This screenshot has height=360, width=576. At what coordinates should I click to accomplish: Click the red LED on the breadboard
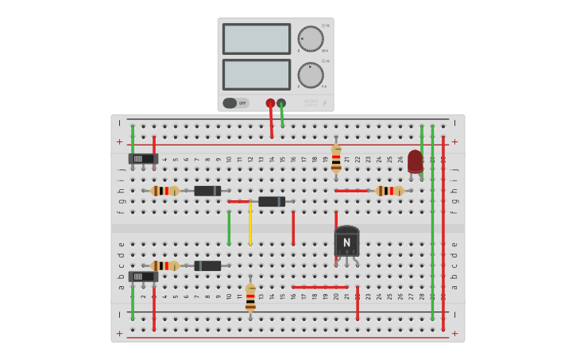(x=415, y=161)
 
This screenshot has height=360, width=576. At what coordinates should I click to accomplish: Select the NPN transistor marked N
(x=346, y=241)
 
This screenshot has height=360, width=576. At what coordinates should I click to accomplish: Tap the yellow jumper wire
(x=250, y=224)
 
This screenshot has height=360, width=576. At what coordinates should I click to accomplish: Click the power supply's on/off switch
(x=234, y=103)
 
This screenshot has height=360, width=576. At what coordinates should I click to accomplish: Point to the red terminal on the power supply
(x=270, y=103)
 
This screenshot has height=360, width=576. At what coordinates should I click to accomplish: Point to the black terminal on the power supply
(x=281, y=103)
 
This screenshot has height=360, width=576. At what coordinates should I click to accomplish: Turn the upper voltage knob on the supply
(x=310, y=39)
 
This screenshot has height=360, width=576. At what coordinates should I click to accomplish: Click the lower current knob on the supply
(x=310, y=75)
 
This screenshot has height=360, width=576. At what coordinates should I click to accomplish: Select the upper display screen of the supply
(x=257, y=38)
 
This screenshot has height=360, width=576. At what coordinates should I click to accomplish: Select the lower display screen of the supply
(x=257, y=74)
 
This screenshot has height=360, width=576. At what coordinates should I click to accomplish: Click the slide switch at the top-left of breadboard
(x=143, y=158)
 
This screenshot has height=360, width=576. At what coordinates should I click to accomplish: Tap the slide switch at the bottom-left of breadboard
(x=143, y=277)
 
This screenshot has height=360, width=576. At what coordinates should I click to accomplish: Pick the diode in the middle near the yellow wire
(x=272, y=202)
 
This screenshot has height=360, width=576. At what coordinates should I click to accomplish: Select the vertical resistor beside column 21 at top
(x=336, y=157)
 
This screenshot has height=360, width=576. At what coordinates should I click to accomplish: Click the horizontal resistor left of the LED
(x=389, y=191)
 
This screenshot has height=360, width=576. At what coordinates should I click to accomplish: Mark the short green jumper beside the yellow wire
(x=229, y=227)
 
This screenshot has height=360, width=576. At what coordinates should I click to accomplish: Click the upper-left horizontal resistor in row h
(x=164, y=191)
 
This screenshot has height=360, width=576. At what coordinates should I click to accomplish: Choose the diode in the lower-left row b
(x=207, y=265)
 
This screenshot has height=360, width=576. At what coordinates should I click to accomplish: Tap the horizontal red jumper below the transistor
(x=319, y=287)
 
